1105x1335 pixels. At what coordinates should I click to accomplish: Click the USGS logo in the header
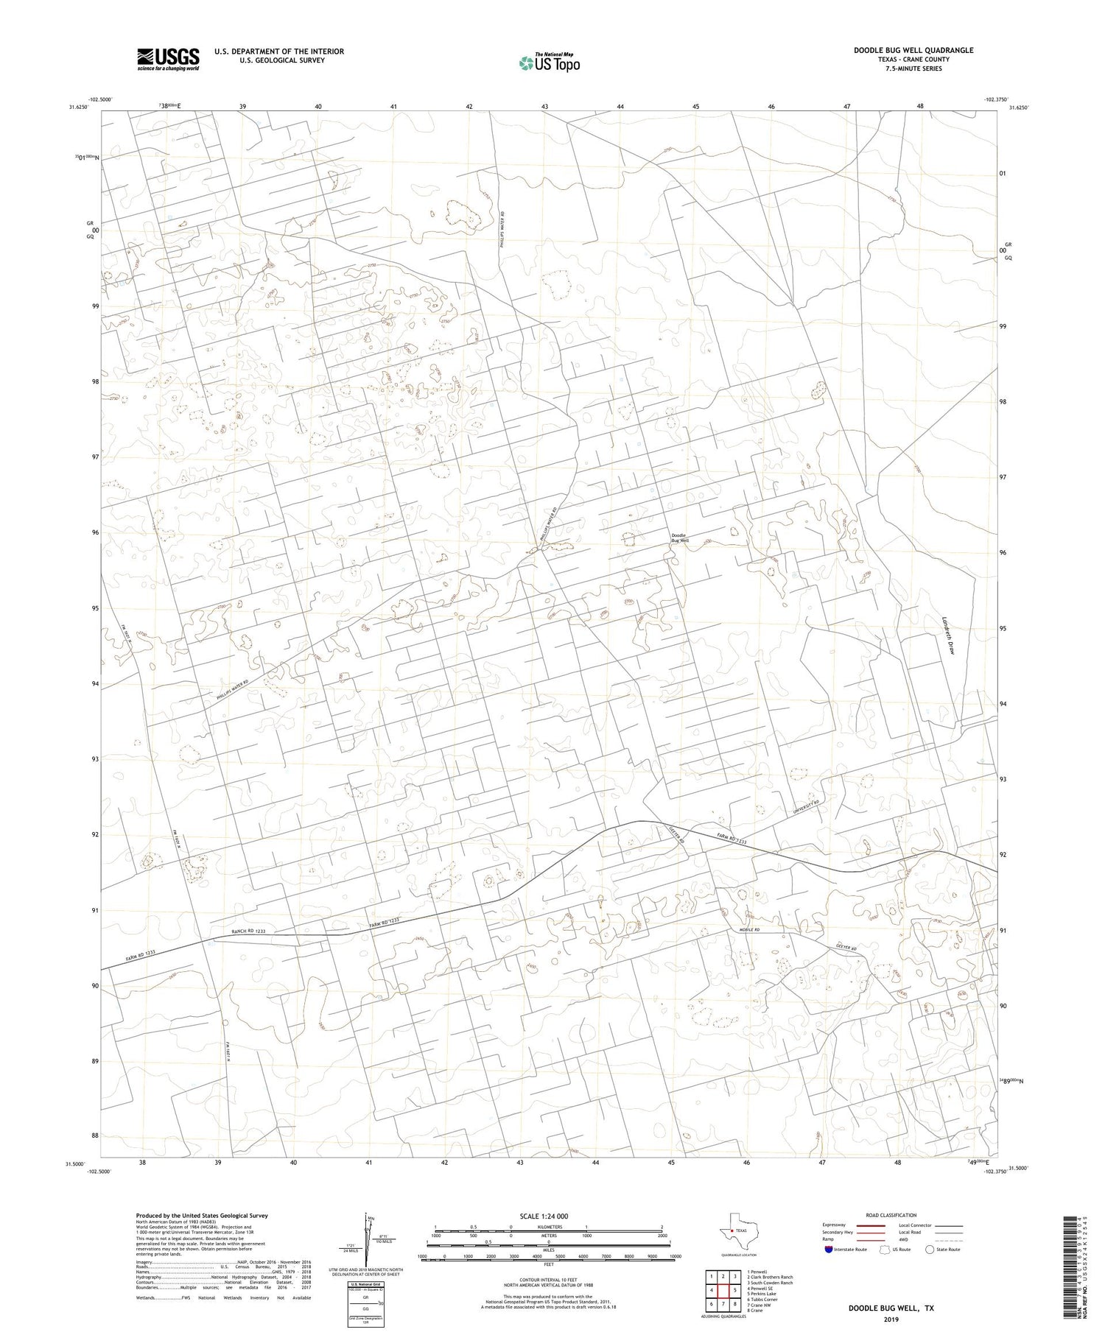[x=168, y=59]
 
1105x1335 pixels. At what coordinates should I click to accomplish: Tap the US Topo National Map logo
[x=549, y=63]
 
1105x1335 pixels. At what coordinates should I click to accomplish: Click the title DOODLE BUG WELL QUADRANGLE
[x=913, y=50]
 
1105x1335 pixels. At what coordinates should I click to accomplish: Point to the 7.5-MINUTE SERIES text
[x=913, y=68]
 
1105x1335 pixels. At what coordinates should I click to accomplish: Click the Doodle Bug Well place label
[x=679, y=538]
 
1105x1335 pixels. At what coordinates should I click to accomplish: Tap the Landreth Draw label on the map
[x=949, y=635]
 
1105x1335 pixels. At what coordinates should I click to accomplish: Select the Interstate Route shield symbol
[x=829, y=1249]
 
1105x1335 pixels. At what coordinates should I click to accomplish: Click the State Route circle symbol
[x=930, y=1249]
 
